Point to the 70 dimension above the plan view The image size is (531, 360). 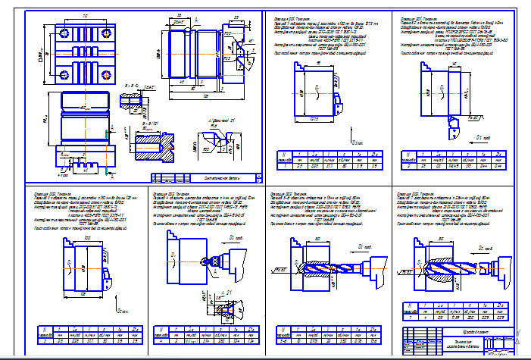click(x=82, y=15)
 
